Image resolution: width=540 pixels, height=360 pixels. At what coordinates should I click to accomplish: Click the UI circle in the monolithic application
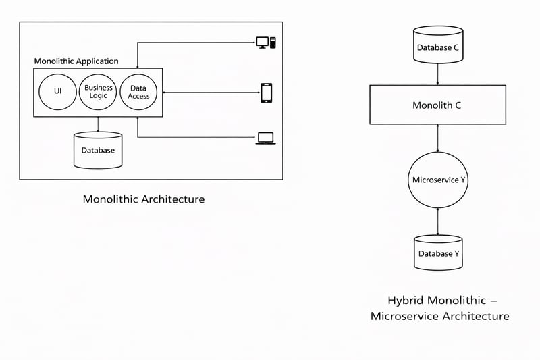[x=57, y=93]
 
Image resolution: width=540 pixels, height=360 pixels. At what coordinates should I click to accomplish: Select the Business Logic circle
[x=99, y=93]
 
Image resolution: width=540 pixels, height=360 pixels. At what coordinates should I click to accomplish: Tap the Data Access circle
[x=138, y=93]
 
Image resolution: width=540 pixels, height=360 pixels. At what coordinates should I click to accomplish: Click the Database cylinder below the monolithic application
[x=98, y=150]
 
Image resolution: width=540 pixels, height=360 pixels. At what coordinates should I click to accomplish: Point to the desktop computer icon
[x=266, y=42]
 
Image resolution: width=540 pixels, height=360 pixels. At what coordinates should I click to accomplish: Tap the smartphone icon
[x=266, y=93]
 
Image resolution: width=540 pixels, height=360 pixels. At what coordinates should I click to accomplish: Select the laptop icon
[x=265, y=138]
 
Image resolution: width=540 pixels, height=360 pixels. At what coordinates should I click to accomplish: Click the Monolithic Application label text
[x=76, y=61]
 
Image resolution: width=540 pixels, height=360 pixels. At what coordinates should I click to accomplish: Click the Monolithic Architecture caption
[x=143, y=199]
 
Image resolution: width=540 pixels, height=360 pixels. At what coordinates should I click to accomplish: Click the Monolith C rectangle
[x=437, y=105]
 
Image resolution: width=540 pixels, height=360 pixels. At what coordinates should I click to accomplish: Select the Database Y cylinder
[x=439, y=253]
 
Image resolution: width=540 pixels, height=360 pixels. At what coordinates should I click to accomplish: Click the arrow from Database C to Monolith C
[x=439, y=74]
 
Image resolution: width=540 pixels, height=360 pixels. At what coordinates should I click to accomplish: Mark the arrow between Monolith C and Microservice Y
[x=439, y=138]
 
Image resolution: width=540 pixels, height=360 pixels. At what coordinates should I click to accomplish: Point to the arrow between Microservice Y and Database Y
[x=439, y=222]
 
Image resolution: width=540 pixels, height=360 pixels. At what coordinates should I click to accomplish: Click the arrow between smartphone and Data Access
[x=209, y=93]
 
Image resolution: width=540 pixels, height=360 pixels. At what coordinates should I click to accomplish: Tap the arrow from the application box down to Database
[x=98, y=124]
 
